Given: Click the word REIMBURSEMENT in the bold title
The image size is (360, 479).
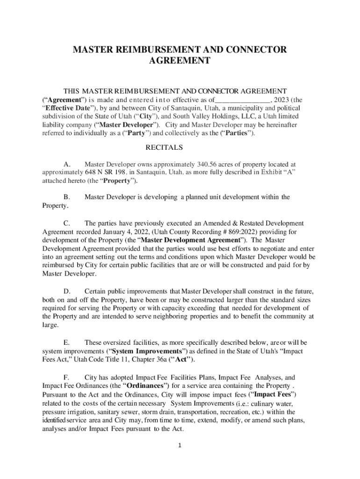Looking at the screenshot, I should point(149,50).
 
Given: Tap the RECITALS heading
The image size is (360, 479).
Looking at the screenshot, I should point(164,147).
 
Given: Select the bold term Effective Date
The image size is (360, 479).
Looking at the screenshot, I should point(66,108).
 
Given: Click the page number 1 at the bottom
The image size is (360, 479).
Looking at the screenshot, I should point(180,444).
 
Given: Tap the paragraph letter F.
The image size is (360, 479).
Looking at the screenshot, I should point(66,377).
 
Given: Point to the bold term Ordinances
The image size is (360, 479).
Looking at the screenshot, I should point(147,386).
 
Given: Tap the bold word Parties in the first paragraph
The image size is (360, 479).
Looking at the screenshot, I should point(240,133).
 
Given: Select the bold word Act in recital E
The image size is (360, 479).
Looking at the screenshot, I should point(181,360).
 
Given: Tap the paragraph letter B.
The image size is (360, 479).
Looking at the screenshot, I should point(66,197).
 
